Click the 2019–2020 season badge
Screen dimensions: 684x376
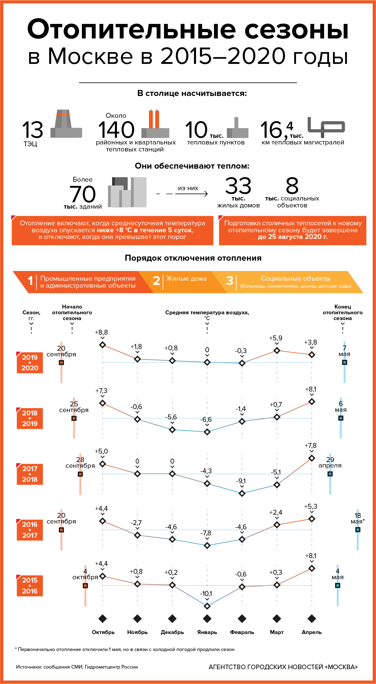click(x=30, y=362)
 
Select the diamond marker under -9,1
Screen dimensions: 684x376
click(x=242, y=493)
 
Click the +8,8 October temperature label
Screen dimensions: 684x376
click(x=101, y=332)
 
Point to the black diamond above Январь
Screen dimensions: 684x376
click(x=207, y=619)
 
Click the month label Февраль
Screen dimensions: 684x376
click(x=242, y=632)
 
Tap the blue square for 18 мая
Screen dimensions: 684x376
click(x=358, y=530)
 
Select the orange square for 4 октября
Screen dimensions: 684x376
click(x=85, y=586)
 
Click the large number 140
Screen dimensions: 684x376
click(x=116, y=130)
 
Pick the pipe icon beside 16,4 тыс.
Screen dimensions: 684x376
click(x=326, y=125)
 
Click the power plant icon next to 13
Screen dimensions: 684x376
click(x=66, y=124)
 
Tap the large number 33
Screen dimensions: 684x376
click(x=238, y=186)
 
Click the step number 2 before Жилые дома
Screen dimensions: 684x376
click(x=156, y=281)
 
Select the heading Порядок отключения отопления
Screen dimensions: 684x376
click(x=193, y=258)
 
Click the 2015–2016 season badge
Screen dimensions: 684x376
click(x=30, y=585)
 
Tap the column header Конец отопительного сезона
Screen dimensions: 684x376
click(x=343, y=312)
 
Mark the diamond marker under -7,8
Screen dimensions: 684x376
click(x=207, y=545)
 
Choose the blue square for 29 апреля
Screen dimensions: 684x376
click(x=330, y=474)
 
